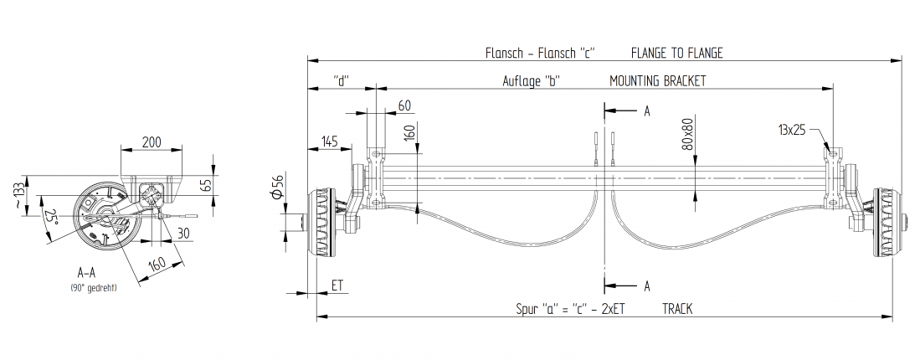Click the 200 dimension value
(152, 141)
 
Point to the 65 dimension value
(207, 185)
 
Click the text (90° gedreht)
(93, 287)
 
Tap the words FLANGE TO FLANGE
(676, 53)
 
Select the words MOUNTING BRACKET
(657, 81)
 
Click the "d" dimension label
(340, 81)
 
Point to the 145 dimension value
(328, 142)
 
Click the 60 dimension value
(404, 105)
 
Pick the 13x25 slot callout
(791, 130)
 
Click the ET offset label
(337, 285)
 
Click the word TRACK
(676, 309)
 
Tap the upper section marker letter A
(647, 111)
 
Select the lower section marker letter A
(647, 285)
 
